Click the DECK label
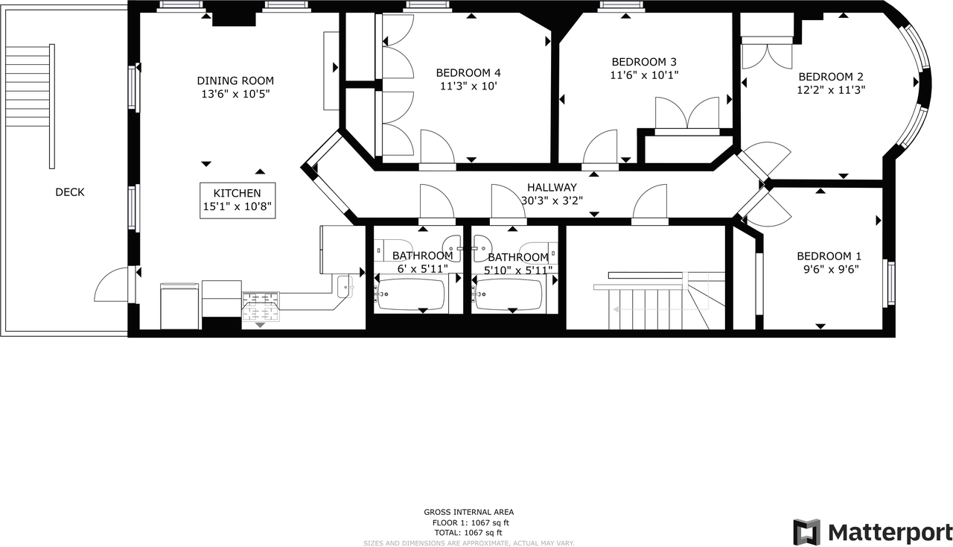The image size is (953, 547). (70, 192)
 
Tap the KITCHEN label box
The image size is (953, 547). (238, 200)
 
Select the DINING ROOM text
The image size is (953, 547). (235, 80)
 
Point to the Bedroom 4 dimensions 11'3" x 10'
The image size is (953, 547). (468, 86)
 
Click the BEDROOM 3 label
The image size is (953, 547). (644, 62)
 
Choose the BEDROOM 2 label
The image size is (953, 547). (831, 77)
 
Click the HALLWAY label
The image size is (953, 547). (552, 188)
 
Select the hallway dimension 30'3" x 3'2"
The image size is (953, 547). (552, 200)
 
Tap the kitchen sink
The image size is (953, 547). (345, 286)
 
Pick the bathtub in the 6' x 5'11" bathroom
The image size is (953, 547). (410, 294)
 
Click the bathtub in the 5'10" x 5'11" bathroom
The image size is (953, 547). (509, 294)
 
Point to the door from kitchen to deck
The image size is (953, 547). (112, 285)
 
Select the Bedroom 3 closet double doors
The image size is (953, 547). (687, 113)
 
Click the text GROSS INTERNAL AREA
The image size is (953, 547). (468, 513)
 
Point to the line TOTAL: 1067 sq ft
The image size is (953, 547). (468, 533)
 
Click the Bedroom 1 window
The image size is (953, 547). (890, 283)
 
